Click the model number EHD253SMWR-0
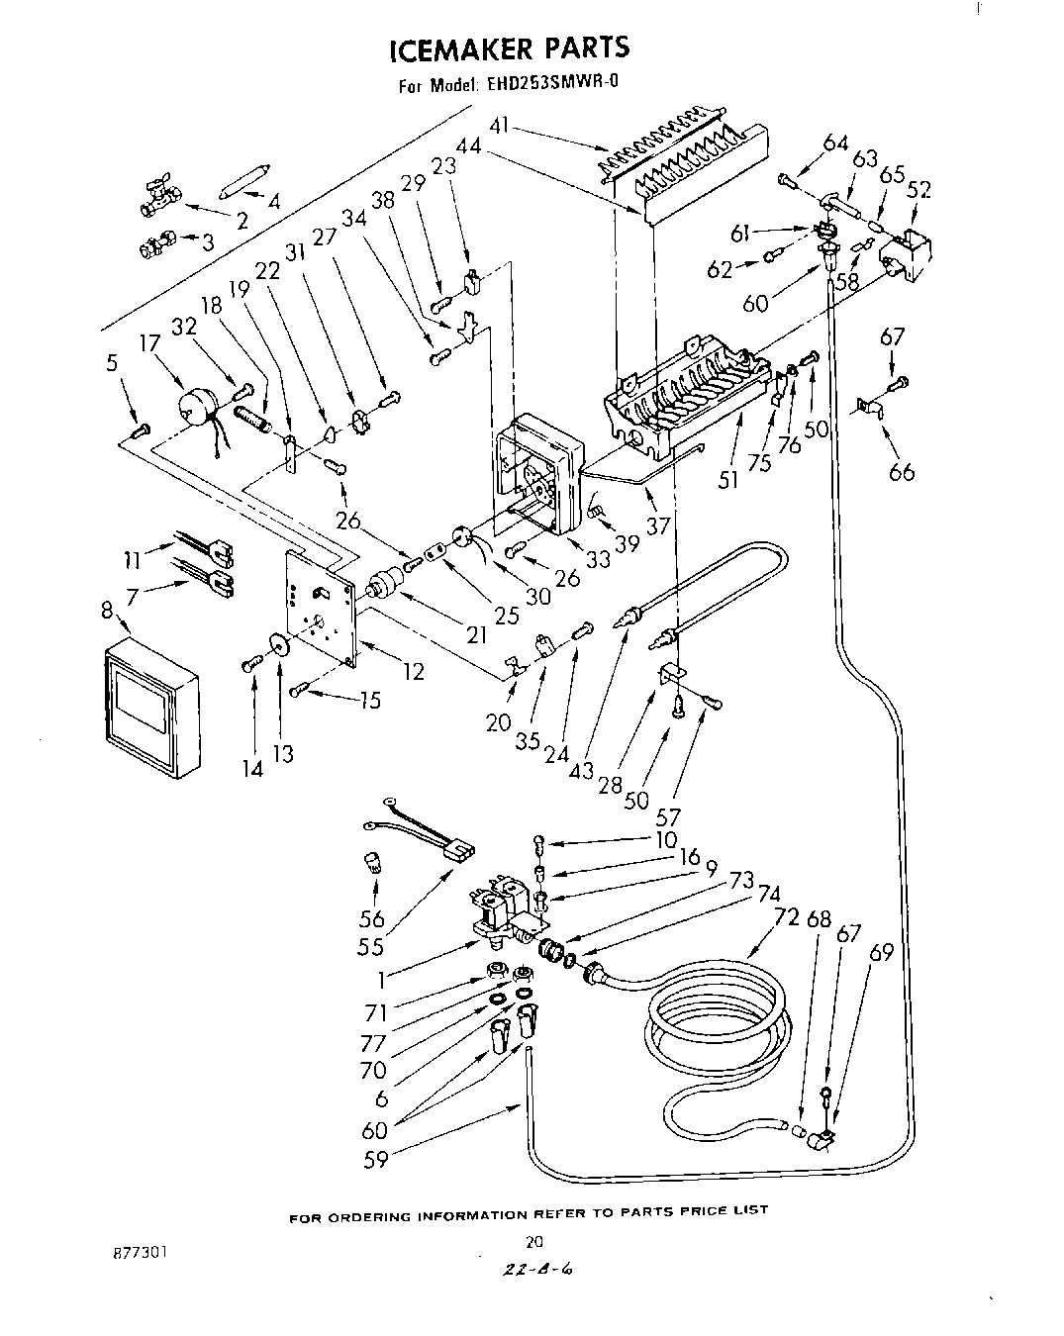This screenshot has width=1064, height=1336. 552,84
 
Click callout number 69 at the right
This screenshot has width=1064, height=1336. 881,952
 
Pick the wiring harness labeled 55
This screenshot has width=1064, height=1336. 426,831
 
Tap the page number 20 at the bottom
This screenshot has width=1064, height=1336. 533,1241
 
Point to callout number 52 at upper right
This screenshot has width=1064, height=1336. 919,189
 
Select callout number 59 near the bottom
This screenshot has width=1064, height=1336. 375,1159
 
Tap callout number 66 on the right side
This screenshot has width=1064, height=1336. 902,471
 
